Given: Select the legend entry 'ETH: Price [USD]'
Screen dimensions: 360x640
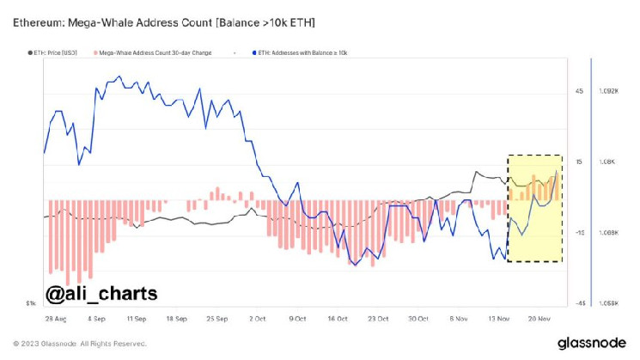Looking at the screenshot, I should coord(54,52).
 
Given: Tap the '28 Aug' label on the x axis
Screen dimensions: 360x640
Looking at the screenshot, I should coord(56,316).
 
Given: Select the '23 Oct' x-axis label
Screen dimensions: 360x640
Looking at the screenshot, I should coord(379,316).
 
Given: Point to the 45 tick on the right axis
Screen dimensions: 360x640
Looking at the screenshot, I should coord(579,91).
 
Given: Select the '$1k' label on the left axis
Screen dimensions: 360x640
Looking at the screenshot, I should coord(30,303).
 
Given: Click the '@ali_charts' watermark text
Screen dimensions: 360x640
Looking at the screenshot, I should coord(101,293).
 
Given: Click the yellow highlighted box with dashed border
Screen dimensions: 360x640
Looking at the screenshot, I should coord(534,209).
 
